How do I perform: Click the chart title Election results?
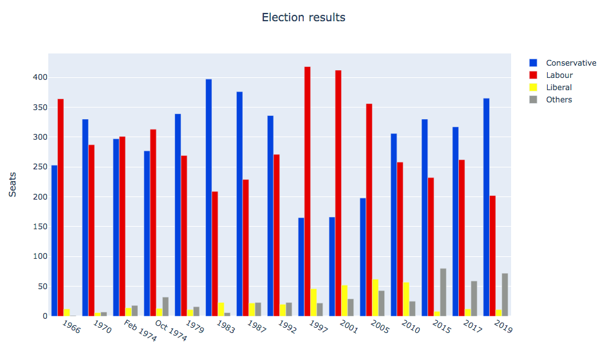(303, 17)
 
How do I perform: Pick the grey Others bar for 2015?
(444, 292)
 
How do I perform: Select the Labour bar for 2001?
(339, 193)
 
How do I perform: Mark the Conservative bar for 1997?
(301, 267)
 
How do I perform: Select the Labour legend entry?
(559, 75)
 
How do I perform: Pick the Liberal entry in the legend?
(558, 88)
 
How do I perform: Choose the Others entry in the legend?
(558, 100)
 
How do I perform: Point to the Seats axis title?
(13, 184)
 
